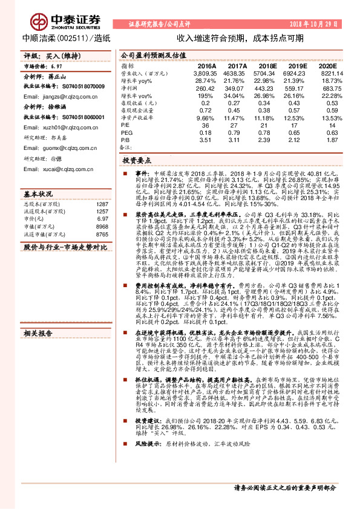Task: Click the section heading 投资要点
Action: [136, 161]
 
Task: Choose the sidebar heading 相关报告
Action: [38, 316]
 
